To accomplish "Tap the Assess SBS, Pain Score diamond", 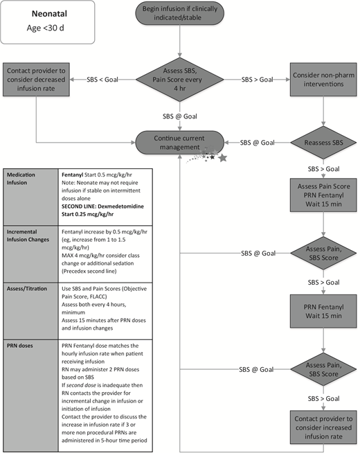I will pos(181,82).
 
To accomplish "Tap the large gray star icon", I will pos(223,160).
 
